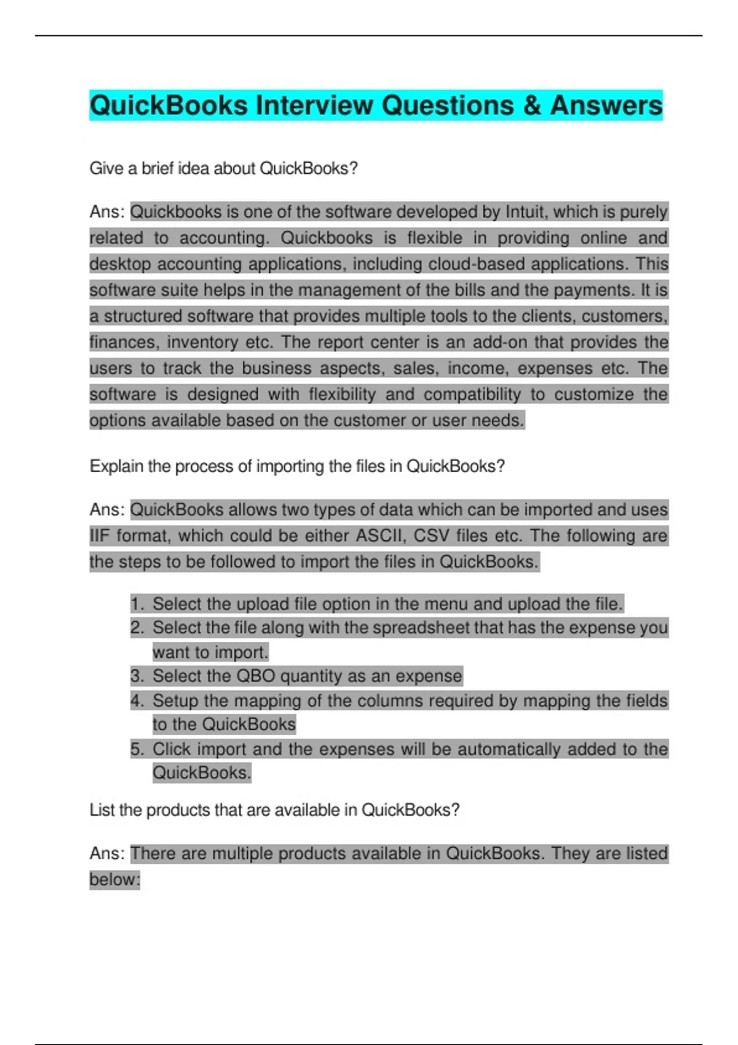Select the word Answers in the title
606,105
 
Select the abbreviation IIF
99,536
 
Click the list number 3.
137,677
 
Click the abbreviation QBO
256,677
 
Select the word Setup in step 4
175,701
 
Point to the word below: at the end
115,880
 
